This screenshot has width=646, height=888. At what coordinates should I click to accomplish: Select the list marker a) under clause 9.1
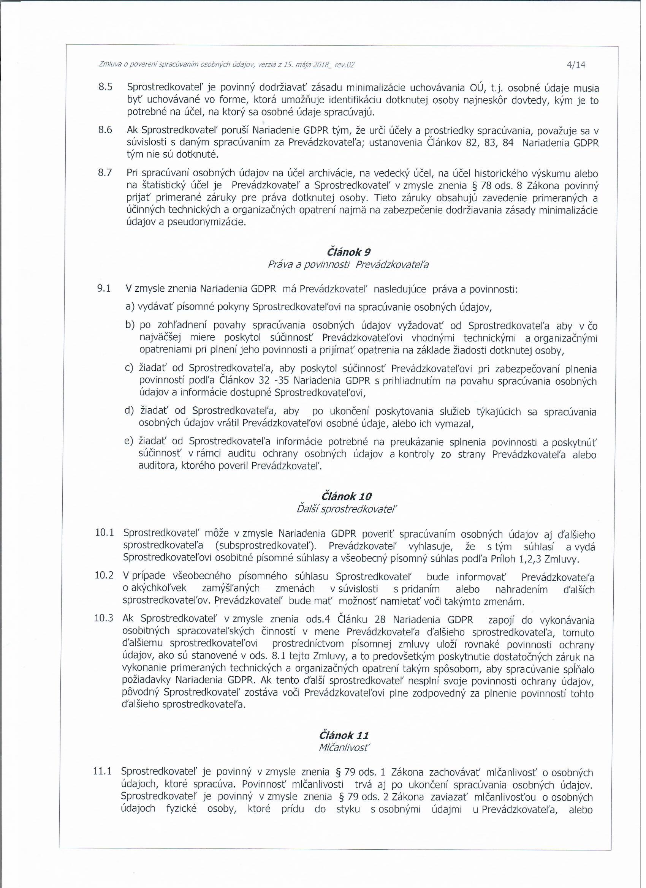point(130,307)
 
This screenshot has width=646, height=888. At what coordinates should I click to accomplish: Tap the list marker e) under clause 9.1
point(130,442)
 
